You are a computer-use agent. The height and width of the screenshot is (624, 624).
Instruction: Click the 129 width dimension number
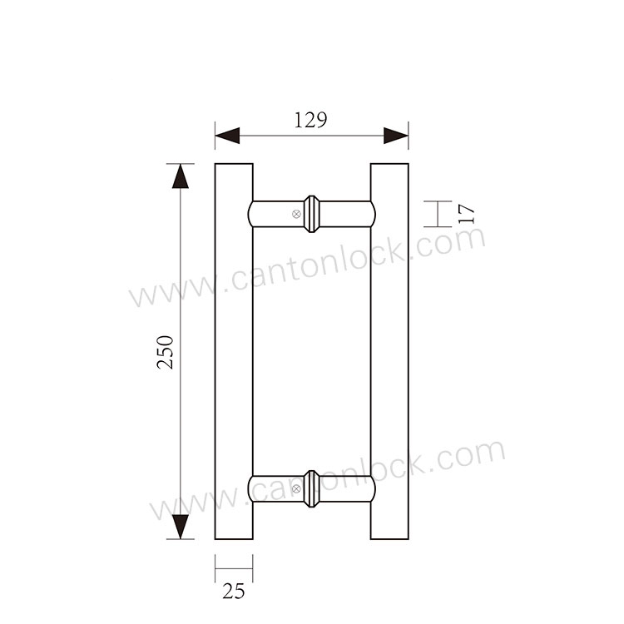(311, 120)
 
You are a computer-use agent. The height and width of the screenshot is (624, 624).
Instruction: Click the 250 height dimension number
(166, 353)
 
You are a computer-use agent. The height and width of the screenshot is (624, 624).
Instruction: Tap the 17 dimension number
(467, 214)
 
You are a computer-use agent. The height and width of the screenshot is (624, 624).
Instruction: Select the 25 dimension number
(234, 591)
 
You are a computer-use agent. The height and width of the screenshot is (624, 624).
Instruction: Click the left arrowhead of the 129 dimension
(227, 136)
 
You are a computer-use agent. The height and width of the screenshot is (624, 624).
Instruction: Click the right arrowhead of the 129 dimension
(396, 136)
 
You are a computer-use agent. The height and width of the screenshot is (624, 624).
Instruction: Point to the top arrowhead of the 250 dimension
(181, 176)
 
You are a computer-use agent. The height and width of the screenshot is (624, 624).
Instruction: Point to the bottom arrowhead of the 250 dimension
(181, 527)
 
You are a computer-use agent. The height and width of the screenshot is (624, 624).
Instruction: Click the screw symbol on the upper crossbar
(296, 214)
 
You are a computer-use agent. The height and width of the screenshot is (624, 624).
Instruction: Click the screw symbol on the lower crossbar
(296, 489)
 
